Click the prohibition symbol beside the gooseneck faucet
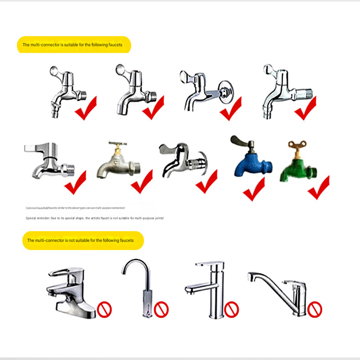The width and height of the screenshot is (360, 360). [x=161, y=309]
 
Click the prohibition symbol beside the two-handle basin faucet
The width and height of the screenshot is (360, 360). [x=104, y=309]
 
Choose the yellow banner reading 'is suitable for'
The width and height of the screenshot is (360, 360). [x=74, y=45]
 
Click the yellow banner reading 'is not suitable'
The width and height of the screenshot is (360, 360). [x=83, y=240]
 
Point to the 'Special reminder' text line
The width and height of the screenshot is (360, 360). [x=94, y=218]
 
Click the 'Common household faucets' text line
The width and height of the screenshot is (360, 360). [x=75, y=208]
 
